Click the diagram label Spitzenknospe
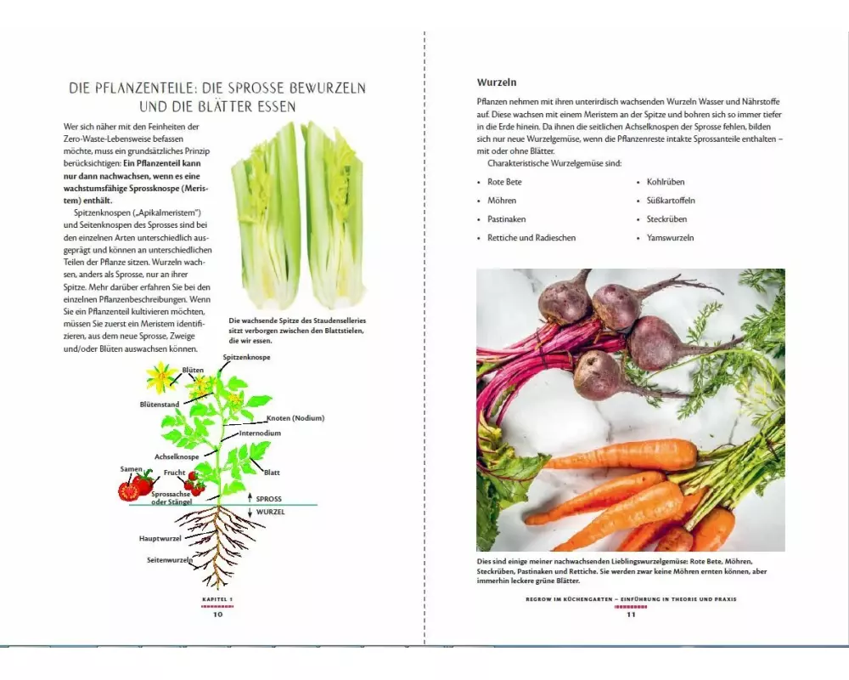[x=246, y=357]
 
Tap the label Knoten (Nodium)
[x=295, y=418]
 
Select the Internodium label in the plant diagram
[x=260, y=433]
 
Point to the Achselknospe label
[x=177, y=456]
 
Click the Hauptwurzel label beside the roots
[x=160, y=538]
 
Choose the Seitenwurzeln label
[x=170, y=559]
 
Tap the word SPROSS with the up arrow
[x=268, y=499]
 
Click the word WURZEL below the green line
[x=270, y=512]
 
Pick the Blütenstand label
[x=160, y=405]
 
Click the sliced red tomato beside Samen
[x=128, y=490]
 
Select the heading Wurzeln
[x=497, y=82]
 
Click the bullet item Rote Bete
[x=504, y=182]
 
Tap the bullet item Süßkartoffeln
[x=671, y=201]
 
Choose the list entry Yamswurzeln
[x=671, y=237]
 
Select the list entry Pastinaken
[x=506, y=219]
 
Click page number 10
[x=217, y=615]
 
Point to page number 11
[x=631, y=615]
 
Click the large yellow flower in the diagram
[x=160, y=377]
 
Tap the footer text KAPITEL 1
[x=217, y=599]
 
